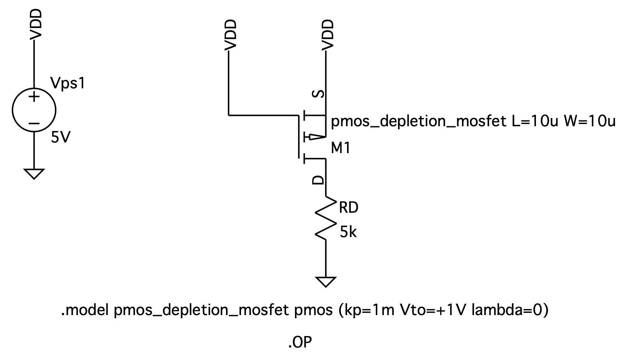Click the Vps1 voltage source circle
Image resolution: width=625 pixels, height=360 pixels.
click(34, 110)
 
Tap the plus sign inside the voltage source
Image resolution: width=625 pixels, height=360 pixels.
click(34, 97)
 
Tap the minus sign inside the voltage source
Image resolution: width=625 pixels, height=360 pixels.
click(34, 123)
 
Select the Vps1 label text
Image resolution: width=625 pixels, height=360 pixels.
click(68, 84)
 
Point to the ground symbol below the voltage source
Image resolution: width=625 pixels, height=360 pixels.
click(34, 173)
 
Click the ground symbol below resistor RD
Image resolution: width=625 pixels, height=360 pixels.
click(326, 282)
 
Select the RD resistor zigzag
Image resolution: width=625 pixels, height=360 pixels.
click(326, 219)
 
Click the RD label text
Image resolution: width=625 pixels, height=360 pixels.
click(348, 208)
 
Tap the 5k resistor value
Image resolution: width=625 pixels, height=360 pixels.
click(348, 232)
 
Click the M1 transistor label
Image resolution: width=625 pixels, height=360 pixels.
click(341, 148)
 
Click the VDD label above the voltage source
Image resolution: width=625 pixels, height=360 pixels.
click(36, 24)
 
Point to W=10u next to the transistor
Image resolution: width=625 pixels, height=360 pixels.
click(589, 121)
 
